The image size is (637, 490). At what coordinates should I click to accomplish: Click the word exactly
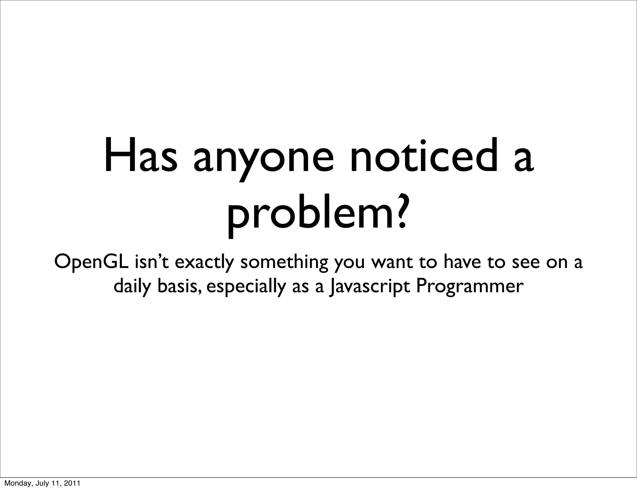tap(204, 263)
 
